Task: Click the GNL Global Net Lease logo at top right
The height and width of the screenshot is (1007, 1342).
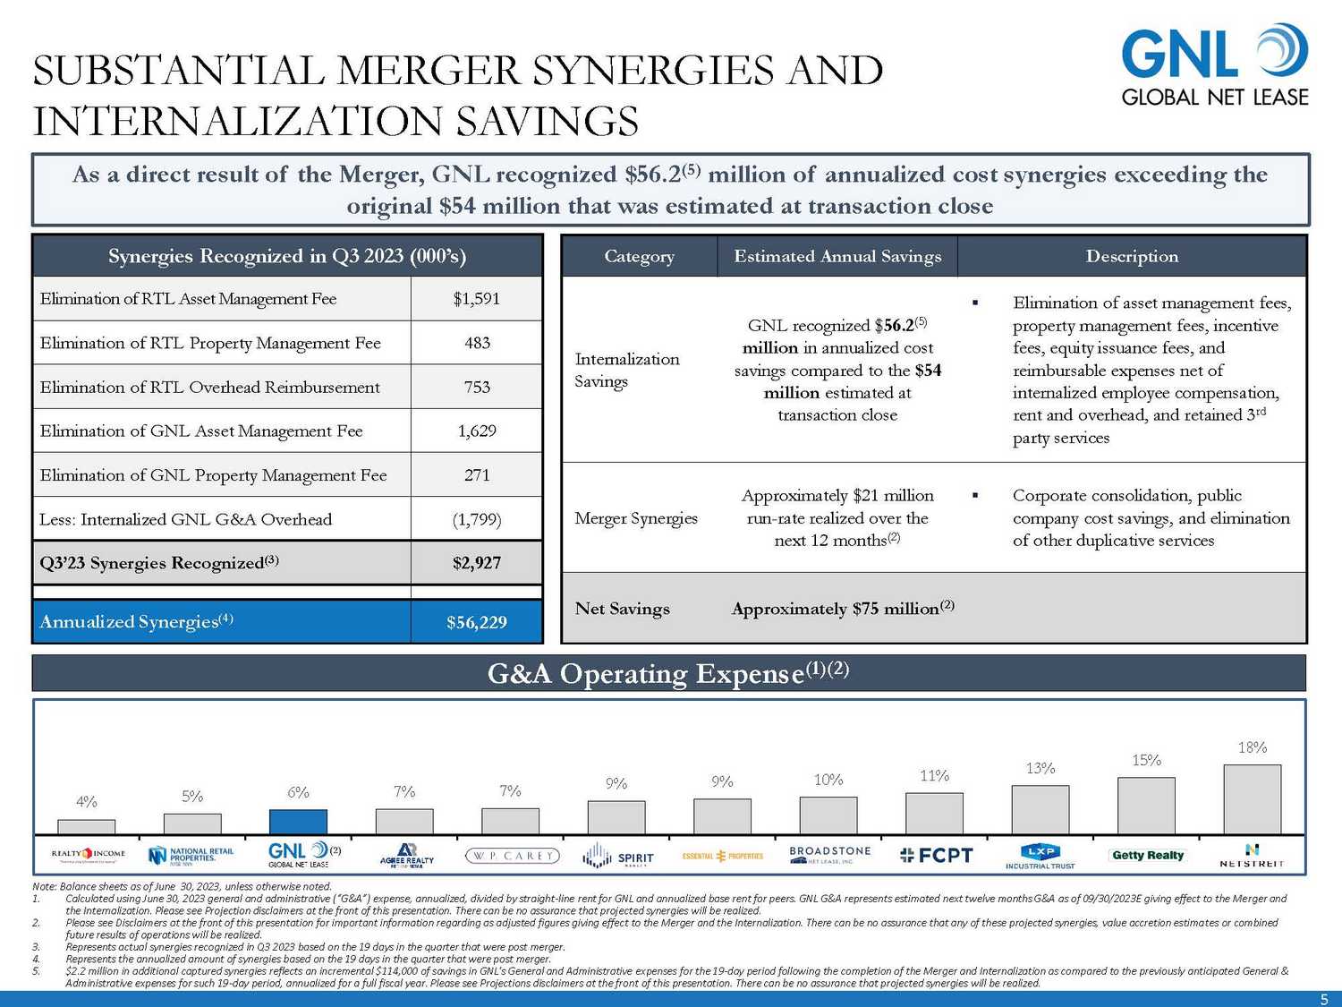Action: (x=1214, y=66)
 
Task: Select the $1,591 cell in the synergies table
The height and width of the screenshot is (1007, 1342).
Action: (x=476, y=299)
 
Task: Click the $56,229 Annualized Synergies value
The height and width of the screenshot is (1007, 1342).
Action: (x=476, y=622)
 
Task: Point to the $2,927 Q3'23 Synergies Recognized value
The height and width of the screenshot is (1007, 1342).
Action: (x=476, y=563)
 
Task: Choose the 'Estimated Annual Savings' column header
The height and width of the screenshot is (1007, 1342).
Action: (x=837, y=257)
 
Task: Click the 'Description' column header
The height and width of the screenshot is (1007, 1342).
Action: (x=1132, y=257)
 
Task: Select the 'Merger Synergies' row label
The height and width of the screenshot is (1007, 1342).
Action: (x=635, y=518)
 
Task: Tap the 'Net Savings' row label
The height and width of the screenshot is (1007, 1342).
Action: (x=622, y=609)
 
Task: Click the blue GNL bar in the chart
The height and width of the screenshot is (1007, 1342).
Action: (x=298, y=822)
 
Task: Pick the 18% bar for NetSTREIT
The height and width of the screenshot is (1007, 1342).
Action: (x=1252, y=799)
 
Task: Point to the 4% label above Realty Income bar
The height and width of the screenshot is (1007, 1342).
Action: (x=87, y=802)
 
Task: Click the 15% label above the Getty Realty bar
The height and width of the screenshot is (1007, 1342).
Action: (x=1146, y=760)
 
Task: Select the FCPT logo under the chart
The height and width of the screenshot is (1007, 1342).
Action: (x=936, y=856)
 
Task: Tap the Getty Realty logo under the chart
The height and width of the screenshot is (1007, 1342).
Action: (x=1147, y=856)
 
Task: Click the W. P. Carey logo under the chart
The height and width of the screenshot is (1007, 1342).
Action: (x=512, y=856)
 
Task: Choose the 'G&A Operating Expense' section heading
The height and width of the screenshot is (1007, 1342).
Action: (x=667, y=673)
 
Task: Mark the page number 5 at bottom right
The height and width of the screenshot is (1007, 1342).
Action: (x=1325, y=999)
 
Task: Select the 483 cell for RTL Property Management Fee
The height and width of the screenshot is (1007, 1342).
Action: (x=476, y=343)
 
